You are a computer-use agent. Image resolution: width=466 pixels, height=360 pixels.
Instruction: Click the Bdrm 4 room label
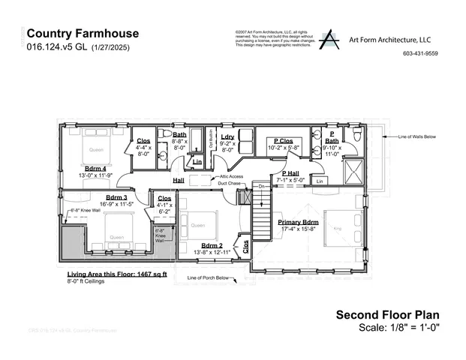coord(95,168)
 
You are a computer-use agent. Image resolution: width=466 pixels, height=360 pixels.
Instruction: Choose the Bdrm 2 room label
coord(212,245)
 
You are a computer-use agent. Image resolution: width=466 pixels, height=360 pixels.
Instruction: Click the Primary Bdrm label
coord(299,223)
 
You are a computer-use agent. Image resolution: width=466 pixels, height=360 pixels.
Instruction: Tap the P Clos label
coord(283,140)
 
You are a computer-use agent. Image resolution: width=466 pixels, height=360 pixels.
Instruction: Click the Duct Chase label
coord(228,182)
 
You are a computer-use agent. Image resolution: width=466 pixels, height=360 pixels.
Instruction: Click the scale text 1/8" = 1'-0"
coord(413,328)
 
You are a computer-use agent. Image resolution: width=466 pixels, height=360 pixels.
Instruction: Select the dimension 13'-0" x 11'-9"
coord(95,175)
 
